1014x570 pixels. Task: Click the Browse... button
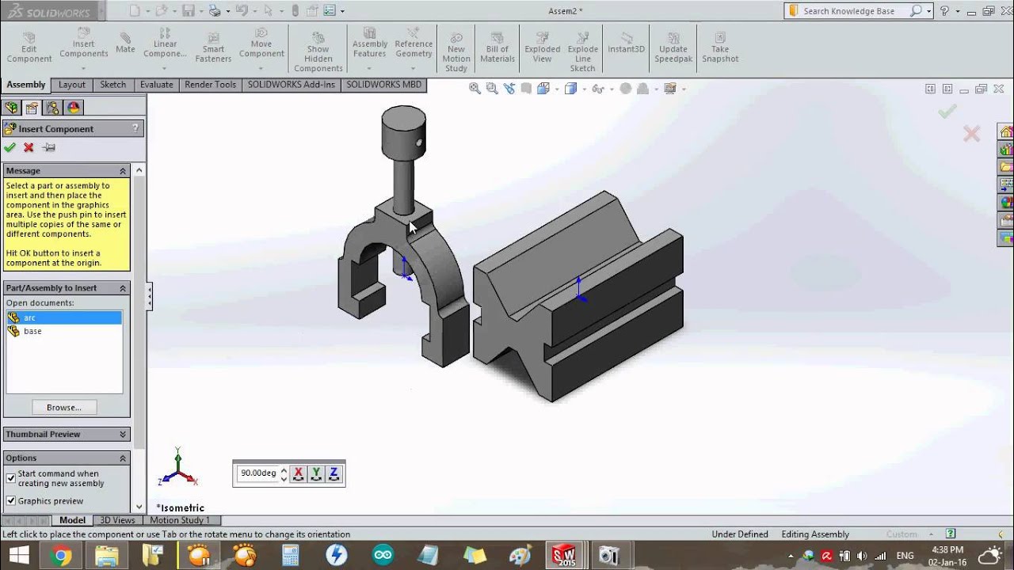coord(64,408)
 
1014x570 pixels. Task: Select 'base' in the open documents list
coord(32,331)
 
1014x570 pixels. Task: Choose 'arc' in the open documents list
coord(29,317)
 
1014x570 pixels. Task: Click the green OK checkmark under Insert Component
coord(10,147)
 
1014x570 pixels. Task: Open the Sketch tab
coord(112,85)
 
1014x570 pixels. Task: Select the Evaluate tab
coord(156,85)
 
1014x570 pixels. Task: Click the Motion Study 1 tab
coord(180,520)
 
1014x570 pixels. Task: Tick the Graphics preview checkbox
coord(11,500)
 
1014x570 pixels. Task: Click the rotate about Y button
coord(316,473)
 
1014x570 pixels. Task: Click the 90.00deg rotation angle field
coord(258,473)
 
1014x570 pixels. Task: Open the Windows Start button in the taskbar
coord(17,555)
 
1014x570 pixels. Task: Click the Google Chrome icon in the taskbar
coord(60,555)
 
